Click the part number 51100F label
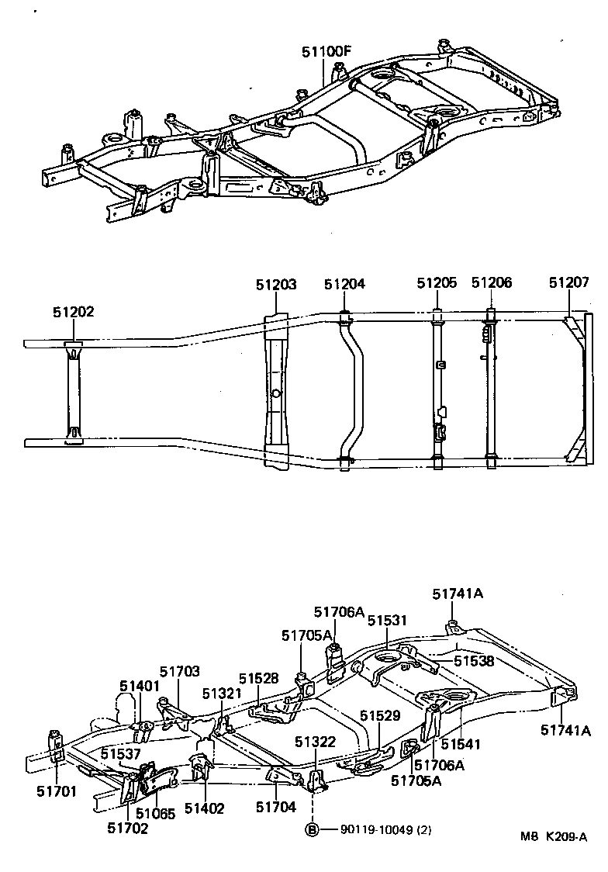pos(326,52)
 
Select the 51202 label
pos(73,312)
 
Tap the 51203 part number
pos(276,285)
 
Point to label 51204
pos(344,284)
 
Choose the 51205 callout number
pos(437,283)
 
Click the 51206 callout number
pos(492,283)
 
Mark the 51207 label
pos(569,283)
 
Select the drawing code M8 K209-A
pos(554,837)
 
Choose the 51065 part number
pos(156,813)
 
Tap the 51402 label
pos(204,808)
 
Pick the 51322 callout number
pos(315,742)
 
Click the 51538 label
pos(474,661)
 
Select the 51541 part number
pos(461,744)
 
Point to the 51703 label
pos(180,672)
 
